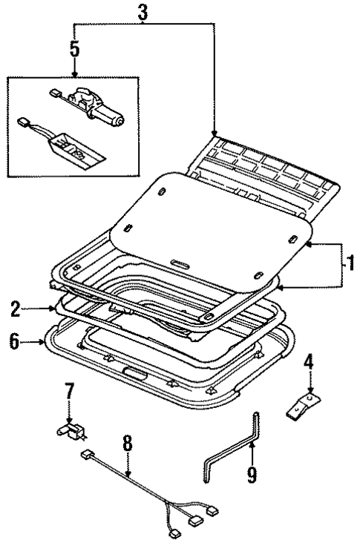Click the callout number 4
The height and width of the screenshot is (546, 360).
pos(310,362)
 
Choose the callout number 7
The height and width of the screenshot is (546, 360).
pos(69,390)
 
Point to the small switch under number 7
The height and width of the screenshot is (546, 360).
pos(71,429)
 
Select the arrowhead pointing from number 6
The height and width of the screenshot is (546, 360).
pos(42,342)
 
